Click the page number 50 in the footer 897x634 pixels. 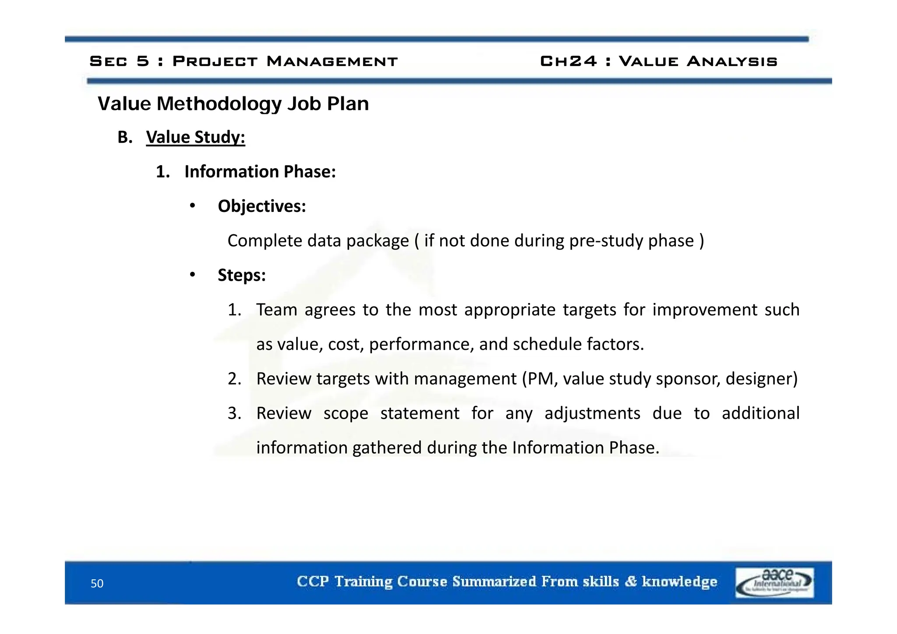tap(97, 583)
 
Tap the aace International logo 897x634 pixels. tap(774, 582)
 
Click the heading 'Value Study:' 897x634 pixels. tap(195, 137)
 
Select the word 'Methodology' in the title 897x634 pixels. tap(219, 104)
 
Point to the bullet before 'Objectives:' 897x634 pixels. tap(192, 206)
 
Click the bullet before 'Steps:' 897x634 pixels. tap(192, 275)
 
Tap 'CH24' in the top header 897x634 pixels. tap(568, 61)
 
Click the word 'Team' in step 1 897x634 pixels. tap(276, 310)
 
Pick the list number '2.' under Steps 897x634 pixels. tap(234, 379)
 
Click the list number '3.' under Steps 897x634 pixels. tap(234, 413)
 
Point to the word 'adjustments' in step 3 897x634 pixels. tap(592, 413)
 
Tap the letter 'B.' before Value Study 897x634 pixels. tap(125, 137)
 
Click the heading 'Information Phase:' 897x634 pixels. tap(260, 172)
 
